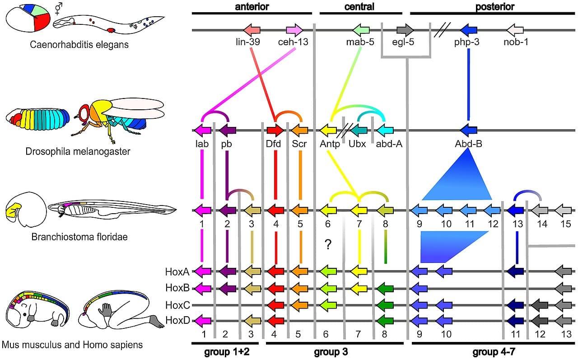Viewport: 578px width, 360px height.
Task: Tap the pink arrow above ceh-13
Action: [x=294, y=30]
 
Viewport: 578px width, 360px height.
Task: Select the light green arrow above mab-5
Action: [x=361, y=30]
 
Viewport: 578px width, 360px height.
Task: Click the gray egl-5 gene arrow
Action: [x=405, y=30]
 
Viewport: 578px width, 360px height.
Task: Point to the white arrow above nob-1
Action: [x=515, y=30]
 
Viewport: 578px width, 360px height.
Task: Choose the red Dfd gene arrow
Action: [x=275, y=131]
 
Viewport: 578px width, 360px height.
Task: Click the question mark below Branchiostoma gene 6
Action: [x=328, y=245]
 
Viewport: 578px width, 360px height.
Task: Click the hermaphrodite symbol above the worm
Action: [x=58, y=8]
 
